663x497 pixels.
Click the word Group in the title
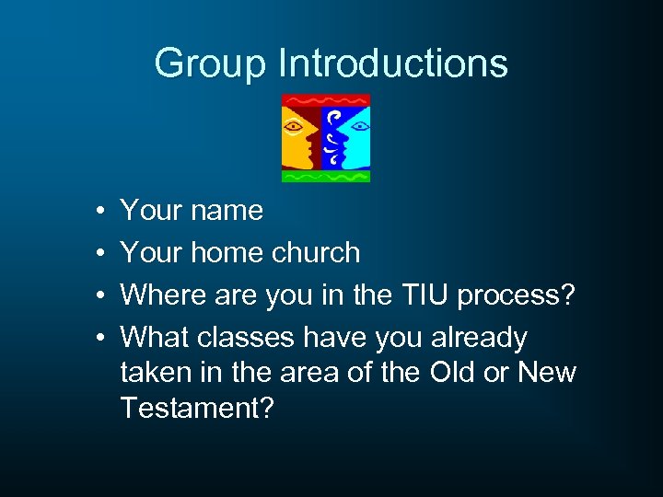point(211,64)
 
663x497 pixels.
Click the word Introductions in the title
point(393,64)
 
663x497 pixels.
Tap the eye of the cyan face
point(358,124)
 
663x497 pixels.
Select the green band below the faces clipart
point(326,175)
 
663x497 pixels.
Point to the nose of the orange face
point(314,138)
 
